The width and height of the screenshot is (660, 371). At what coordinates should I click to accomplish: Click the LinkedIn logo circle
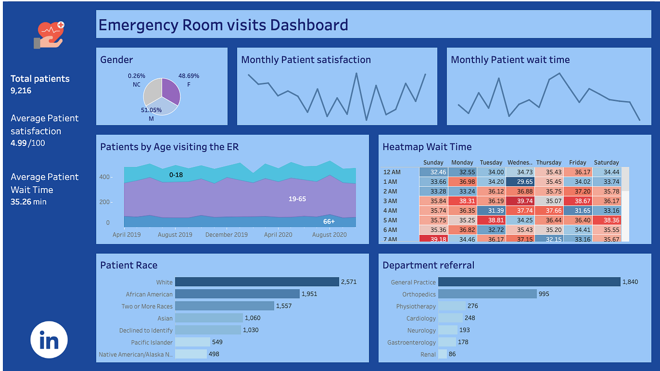49,339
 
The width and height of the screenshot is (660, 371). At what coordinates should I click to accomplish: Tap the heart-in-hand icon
49,35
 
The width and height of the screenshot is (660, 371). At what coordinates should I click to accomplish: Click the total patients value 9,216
21,91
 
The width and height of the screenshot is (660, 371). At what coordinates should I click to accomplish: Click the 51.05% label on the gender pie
151,110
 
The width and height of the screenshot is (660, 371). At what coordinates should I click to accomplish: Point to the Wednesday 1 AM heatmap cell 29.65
520,182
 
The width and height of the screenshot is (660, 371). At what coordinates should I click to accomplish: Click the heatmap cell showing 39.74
520,201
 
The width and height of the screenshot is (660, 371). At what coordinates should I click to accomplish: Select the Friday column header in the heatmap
577,162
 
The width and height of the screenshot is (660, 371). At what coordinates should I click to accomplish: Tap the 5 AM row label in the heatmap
390,220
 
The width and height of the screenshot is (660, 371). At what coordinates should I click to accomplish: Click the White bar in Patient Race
257,282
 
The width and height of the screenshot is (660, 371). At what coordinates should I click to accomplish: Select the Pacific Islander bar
192,342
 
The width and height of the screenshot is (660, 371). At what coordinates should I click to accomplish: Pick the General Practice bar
529,282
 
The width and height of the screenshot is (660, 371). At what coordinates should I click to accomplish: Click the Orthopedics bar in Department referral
487,294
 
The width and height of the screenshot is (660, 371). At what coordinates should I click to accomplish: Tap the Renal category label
428,354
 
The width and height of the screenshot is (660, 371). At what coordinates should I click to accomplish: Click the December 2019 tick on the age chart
226,234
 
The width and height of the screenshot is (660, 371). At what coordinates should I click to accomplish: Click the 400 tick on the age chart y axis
104,177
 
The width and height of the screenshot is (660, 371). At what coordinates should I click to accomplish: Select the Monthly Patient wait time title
510,60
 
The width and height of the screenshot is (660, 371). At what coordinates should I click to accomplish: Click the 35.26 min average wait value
28,202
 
